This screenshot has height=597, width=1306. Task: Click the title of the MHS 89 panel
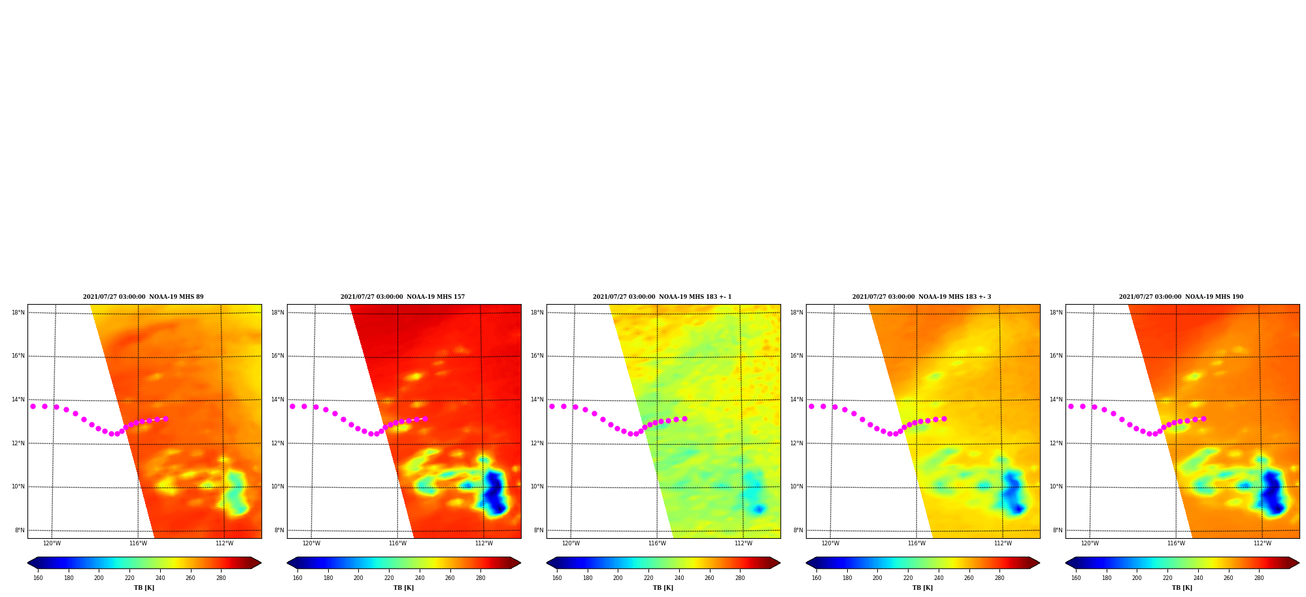click(x=143, y=297)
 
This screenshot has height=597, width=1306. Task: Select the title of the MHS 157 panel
click(x=403, y=297)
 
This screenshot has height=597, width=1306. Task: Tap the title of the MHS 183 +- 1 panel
click(x=662, y=297)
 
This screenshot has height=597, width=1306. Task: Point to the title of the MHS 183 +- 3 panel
click(x=922, y=297)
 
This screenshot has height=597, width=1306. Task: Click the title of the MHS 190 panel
click(x=1181, y=297)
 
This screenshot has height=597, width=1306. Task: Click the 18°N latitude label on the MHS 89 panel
click(x=18, y=313)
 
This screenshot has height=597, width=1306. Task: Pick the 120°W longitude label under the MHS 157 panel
click(x=311, y=543)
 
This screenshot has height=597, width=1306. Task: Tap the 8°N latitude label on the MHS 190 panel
click(x=1058, y=530)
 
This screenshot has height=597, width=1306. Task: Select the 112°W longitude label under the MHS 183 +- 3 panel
click(x=1003, y=543)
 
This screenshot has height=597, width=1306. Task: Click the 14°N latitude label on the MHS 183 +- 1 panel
click(x=537, y=400)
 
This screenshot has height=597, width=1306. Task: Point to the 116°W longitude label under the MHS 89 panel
click(x=138, y=543)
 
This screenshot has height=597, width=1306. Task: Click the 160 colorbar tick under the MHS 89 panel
click(x=38, y=578)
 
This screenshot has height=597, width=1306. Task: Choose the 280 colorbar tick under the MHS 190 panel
click(x=1259, y=578)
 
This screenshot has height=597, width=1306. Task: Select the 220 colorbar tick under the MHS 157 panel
click(x=389, y=578)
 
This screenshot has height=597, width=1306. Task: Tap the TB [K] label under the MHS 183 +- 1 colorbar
click(x=663, y=588)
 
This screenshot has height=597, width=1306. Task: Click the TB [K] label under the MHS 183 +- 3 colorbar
click(x=922, y=588)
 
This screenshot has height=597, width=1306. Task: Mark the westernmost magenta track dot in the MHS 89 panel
click(x=33, y=406)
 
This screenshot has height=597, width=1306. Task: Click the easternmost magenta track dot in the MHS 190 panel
click(x=1203, y=418)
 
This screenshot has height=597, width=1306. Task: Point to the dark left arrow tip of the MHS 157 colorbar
click(x=288, y=562)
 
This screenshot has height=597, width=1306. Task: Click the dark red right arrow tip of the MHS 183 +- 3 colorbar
click(x=1039, y=562)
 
